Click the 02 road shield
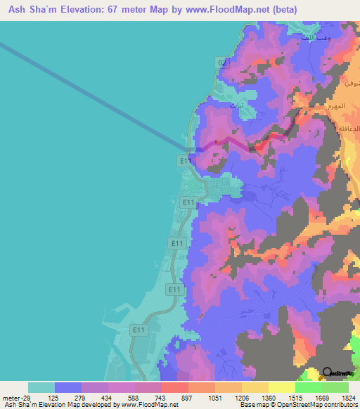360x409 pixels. [x=222, y=63]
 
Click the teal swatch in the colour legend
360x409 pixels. [x=41, y=387]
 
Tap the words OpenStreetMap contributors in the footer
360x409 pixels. [x=316, y=405]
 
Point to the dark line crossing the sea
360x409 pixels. [x=91, y=95]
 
